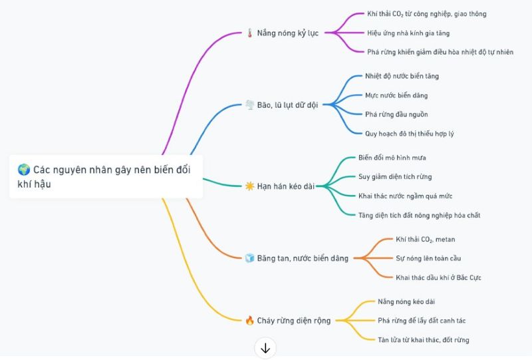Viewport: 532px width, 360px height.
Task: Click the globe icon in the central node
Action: [24, 169]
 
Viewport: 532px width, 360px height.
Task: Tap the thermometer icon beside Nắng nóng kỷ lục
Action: [250, 33]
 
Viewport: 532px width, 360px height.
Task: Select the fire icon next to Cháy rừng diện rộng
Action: [250, 320]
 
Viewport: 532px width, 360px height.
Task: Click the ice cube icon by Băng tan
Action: [250, 258]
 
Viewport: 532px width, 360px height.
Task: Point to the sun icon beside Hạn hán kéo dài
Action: [250, 186]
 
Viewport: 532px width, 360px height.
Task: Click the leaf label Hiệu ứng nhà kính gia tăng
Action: [408, 33]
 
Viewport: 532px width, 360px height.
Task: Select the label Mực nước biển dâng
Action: [396, 95]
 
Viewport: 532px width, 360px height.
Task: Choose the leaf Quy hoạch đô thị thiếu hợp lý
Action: [409, 134]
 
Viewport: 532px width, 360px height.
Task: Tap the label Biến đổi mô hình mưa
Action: [392, 158]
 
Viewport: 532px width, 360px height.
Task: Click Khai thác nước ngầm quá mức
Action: [405, 196]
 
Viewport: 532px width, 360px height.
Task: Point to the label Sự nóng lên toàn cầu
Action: [428, 258]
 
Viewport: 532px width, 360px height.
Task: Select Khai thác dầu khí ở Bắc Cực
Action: [438, 277]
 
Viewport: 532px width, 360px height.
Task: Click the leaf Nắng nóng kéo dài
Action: [406, 301]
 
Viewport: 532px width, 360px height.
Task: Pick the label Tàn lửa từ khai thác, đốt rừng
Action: [424, 340]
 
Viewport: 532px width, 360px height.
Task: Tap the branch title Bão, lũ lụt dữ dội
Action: [287, 105]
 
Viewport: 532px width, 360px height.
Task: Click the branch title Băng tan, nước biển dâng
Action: [303, 258]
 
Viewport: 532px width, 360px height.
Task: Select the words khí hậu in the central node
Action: [35, 184]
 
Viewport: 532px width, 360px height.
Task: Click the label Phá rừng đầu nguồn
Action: [396, 114]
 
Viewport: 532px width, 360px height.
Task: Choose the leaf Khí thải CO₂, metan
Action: [426, 240]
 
